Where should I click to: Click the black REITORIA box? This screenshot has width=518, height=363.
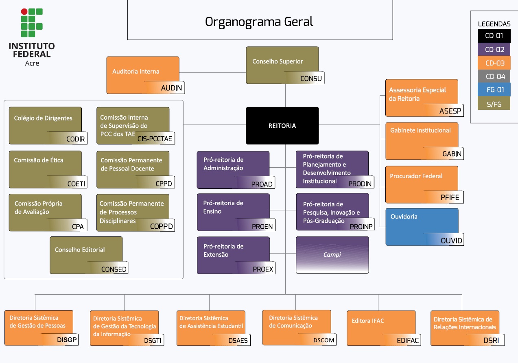[282, 125]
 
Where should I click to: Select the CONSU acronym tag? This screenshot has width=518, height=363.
[311, 79]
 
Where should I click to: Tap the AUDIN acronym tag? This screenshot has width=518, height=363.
[171, 88]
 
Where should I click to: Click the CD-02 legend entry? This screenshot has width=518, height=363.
[494, 50]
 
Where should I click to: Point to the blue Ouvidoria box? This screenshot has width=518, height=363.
[422, 226]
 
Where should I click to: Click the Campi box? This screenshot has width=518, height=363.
[332, 255]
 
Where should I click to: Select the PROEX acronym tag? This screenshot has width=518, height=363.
[263, 269]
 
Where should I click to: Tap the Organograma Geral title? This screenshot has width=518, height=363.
[259, 21]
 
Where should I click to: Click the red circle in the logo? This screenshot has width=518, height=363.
[24, 12]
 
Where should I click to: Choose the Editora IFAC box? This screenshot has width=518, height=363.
[381, 328]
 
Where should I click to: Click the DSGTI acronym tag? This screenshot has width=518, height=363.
[153, 341]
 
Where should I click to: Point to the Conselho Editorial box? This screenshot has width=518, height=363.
[86, 255]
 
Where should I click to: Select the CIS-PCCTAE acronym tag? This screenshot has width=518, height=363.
[155, 139]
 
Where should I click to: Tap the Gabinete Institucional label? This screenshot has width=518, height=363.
[420, 130]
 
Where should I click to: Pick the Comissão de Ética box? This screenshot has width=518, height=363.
[45, 169]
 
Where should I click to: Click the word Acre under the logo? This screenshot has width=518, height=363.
[32, 63]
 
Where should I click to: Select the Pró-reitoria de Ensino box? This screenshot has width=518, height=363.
[233, 212]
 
